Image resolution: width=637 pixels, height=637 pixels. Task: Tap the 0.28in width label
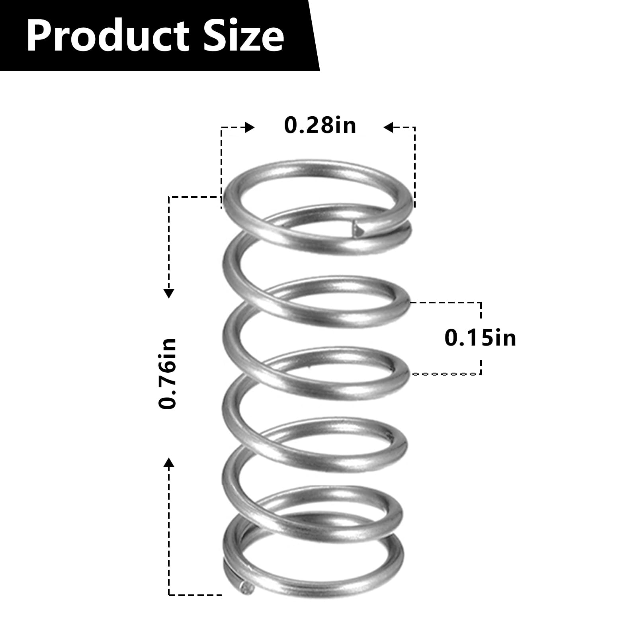click(x=320, y=125)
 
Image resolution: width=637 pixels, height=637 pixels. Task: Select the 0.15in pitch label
click(x=480, y=338)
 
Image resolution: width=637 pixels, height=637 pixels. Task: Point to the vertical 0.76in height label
click(x=168, y=373)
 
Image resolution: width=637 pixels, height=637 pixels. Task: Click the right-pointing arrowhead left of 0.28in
click(x=250, y=127)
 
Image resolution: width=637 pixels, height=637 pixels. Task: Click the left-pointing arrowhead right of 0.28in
click(x=388, y=127)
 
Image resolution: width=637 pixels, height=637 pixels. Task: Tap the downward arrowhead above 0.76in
click(x=169, y=293)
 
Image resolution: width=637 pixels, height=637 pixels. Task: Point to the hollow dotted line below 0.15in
click(x=444, y=374)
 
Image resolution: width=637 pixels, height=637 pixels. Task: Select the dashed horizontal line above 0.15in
click(x=446, y=303)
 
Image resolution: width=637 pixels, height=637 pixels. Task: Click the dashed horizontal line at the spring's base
click(x=195, y=595)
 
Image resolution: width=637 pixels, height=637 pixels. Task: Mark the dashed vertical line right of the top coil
click(x=415, y=167)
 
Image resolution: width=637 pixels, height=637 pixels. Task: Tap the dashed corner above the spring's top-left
click(x=222, y=128)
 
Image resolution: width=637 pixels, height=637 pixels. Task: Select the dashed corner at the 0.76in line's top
click(x=170, y=197)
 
